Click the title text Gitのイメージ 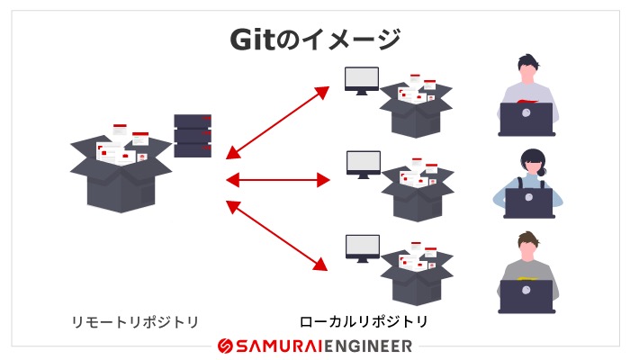(x=314, y=40)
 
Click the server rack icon (x=193, y=136)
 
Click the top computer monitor (x=362, y=79)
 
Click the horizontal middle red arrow (x=278, y=180)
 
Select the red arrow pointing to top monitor (x=278, y=121)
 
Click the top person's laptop (x=526, y=120)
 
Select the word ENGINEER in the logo (x=369, y=346)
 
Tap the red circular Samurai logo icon (x=226, y=346)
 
